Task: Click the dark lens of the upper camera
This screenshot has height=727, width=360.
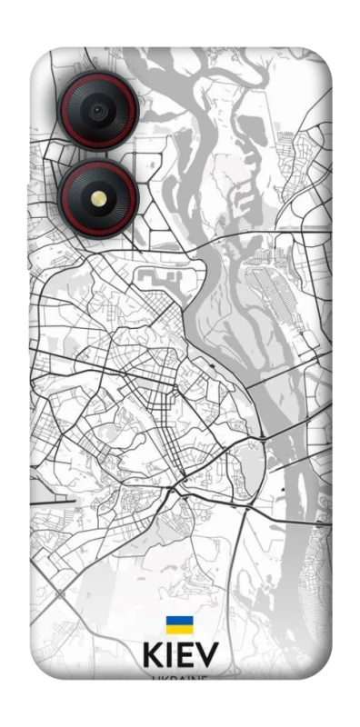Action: pyautogui.click(x=98, y=111)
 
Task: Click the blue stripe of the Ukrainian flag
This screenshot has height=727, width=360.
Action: pyautogui.click(x=178, y=621)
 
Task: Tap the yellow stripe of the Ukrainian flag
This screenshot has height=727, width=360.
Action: pyautogui.click(x=178, y=629)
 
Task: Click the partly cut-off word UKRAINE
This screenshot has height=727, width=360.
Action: pyautogui.click(x=179, y=677)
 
